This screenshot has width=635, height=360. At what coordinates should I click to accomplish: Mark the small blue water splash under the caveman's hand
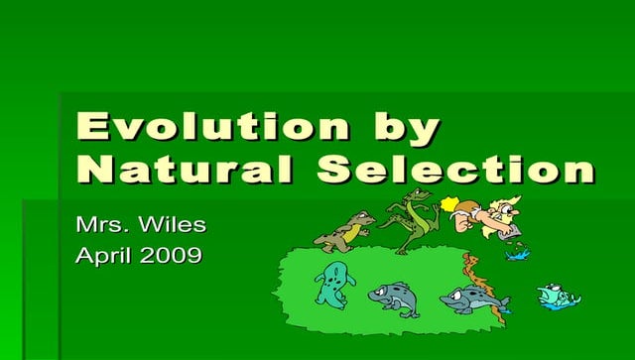tap(517, 254)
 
